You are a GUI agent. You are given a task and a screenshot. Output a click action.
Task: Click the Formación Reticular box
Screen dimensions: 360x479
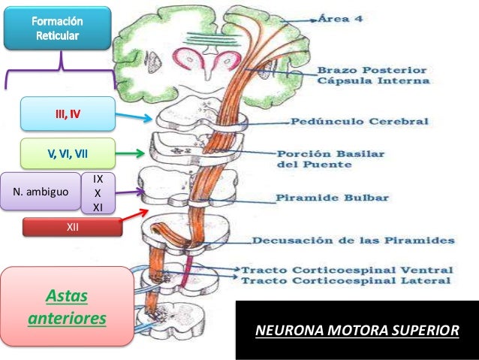[x=57, y=29]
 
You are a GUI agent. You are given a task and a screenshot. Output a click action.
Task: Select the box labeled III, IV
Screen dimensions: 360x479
[x=68, y=115]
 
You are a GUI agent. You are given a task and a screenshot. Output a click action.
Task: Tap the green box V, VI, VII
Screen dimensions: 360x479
[x=68, y=154]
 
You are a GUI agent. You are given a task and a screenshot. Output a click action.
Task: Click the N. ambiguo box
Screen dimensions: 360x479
[x=39, y=192]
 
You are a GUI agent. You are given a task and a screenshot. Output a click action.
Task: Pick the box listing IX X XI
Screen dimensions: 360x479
[x=98, y=193]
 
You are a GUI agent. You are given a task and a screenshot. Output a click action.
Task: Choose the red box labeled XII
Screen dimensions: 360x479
[x=73, y=226]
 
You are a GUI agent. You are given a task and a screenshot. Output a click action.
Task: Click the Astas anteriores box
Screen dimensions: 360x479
[x=67, y=307]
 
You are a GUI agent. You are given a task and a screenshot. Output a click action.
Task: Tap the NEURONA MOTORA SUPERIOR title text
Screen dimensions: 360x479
[x=356, y=331]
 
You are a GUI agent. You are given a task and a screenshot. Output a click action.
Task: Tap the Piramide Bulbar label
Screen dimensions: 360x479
[x=332, y=198]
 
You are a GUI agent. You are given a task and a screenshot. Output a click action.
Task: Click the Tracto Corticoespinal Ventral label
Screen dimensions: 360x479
[x=346, y=268]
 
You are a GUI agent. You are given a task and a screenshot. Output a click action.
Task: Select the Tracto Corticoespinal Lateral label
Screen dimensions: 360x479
[x=346, y=280]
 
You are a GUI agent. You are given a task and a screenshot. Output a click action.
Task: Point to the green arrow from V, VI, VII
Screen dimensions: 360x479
[x=131, y=155]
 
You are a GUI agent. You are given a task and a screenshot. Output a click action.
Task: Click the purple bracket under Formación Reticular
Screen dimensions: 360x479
[x=60, y=75]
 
